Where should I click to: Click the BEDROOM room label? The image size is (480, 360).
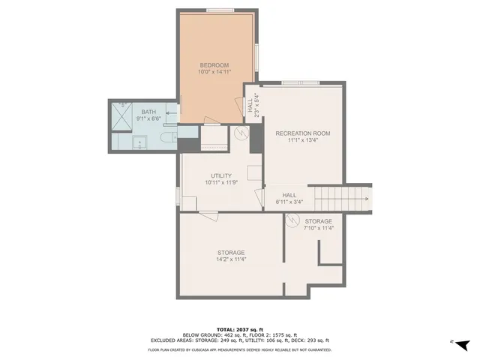coord(214,64)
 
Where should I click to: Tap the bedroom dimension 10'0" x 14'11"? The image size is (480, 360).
coord(214,73)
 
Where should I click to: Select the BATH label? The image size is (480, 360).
coord(149,112)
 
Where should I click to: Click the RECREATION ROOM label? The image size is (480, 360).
coord(302,133)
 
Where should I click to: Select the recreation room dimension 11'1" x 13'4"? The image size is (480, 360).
coord(302,141)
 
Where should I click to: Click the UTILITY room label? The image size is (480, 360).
coord(220,175)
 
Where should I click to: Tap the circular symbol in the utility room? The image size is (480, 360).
coord(242,133)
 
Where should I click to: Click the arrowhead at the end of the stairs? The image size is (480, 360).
coord(366,199)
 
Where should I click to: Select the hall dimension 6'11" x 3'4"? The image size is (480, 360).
coord(289,201)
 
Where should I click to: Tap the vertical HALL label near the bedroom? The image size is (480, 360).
coord(253,105)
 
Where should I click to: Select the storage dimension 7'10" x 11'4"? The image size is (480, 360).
coord(319,228)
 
